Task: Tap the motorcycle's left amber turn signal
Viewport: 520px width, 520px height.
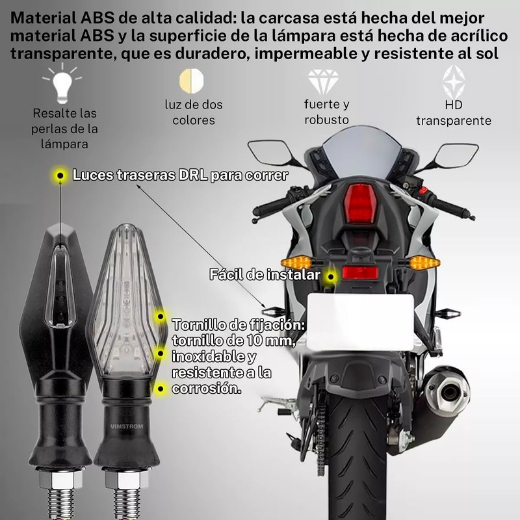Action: pos(298,262)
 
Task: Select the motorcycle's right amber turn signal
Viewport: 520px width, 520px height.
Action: pos(424,263)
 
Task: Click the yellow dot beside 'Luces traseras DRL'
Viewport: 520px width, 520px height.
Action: pos(60,175)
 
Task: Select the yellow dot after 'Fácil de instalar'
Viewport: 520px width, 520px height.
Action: pos(331,276)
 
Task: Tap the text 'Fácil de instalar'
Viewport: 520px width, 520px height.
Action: pos(264,274)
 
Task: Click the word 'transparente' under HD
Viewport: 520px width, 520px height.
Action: pos(453,120)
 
